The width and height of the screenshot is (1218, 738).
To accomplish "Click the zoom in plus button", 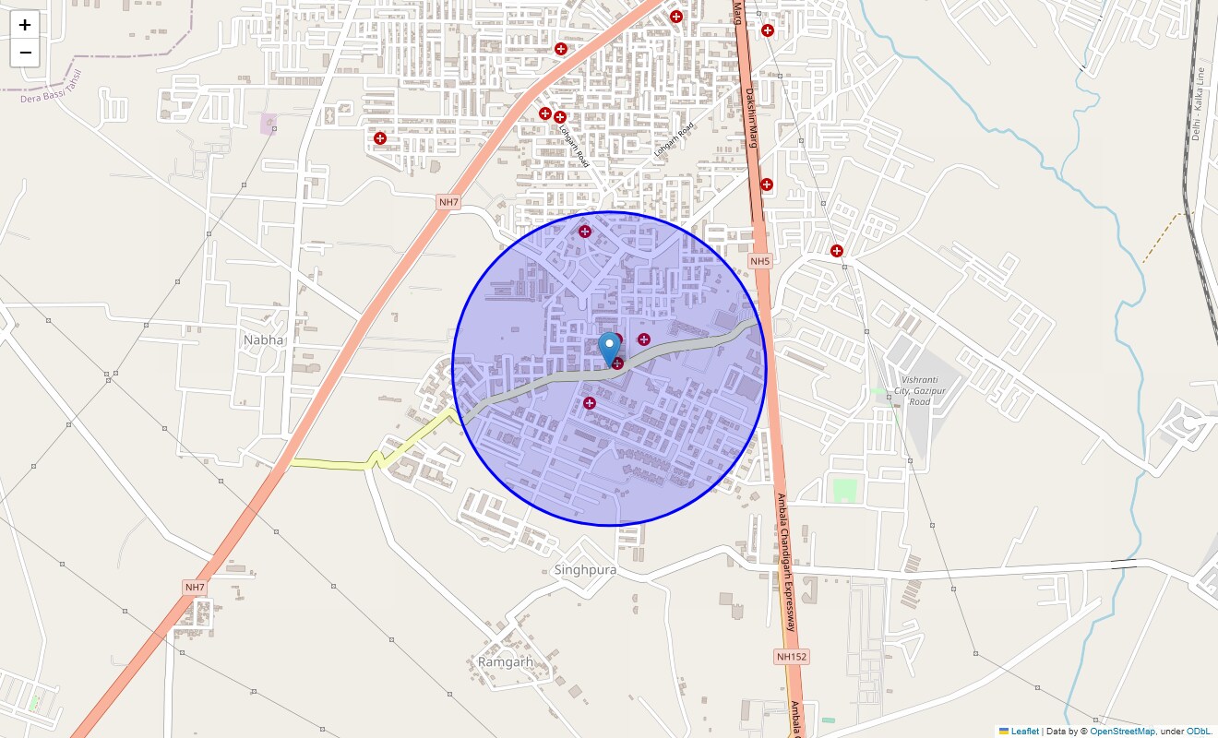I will pos(25,25).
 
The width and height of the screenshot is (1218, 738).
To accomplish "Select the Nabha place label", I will pos(264,340).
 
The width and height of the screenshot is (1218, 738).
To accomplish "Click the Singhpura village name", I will pos(585,570).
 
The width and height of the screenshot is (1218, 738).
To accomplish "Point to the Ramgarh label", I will pos(506,662).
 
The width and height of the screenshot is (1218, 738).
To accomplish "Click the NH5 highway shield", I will pos(759,262).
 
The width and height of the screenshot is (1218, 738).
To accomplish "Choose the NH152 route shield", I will pos(791,657).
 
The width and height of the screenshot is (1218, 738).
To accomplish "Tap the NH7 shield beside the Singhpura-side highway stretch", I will pos(195,588).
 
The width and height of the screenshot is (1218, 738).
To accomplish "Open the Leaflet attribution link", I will pos(1024,732).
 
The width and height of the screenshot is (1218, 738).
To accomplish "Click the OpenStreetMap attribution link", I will pos(1122,732).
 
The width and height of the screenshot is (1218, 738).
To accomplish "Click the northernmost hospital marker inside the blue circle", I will pos(584,231).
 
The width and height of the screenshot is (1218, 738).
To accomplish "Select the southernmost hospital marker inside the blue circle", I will pos(590,402).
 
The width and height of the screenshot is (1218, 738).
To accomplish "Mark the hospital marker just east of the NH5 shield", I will pos(837,251).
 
